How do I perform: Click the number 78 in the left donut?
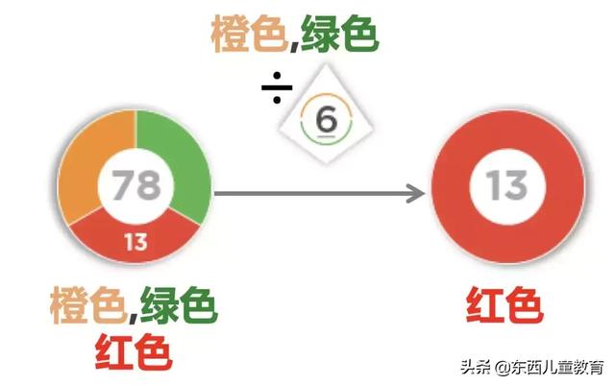pyautogui.click(x=135, y=184)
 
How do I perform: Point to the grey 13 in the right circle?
pyautogui.click(x=505, y=184)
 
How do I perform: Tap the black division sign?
pyautogui.click(x=277, y=88)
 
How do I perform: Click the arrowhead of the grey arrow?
pyautogui.click(x=415, y=194)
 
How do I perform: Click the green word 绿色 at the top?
pyautogui.click(x=338, y=36)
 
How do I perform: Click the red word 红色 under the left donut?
pyautogui.click(x=134, y=353)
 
